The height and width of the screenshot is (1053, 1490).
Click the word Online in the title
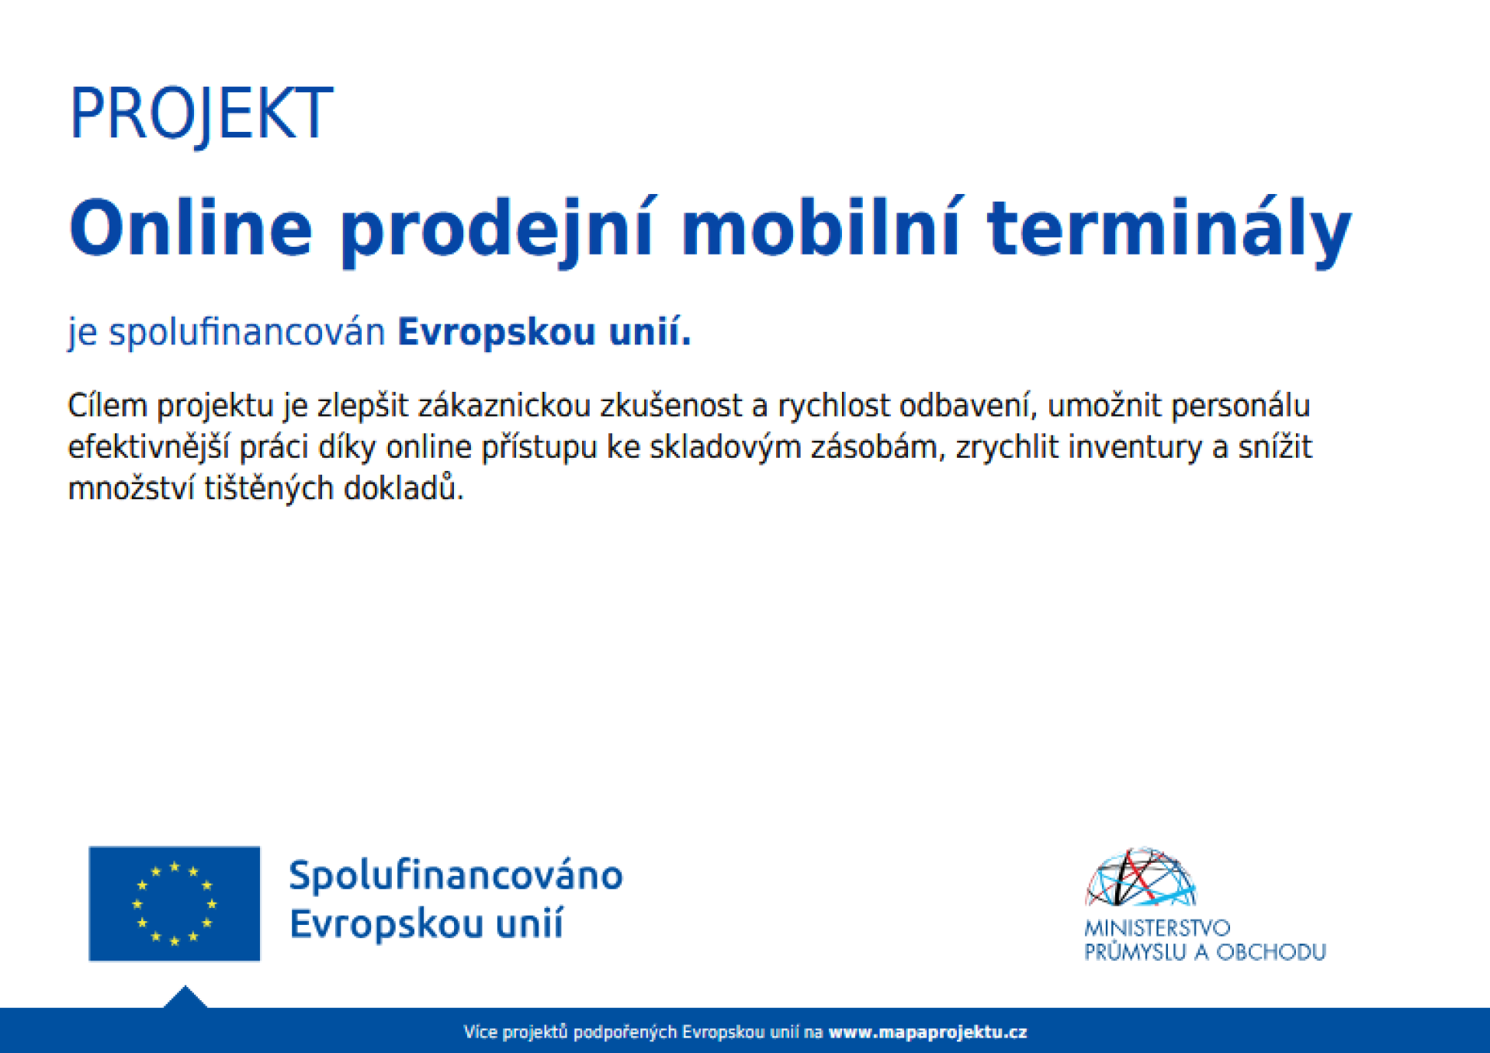pyautogui.click(x=191, y=228)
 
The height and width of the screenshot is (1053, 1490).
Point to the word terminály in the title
pyautogui.click(x=1169, y=231)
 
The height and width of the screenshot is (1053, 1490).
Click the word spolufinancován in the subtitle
pyautogui.click(x=247, y=333)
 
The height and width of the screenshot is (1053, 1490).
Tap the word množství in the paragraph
pyautogui.click(x=132, y=488)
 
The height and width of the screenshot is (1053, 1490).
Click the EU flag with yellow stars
pyautogui.click(x=175, y=903)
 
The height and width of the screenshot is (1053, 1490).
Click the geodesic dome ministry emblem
pyautogui.click(x=1141, y=877)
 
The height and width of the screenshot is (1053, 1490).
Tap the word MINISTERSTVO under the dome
pyautogui.click(x=1157, y=928)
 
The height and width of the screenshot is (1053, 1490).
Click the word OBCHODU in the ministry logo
pyautogui.click(x=1270, y=952)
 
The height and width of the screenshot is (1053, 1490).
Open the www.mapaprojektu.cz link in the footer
pyautogui.click(x=928, y=1032)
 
